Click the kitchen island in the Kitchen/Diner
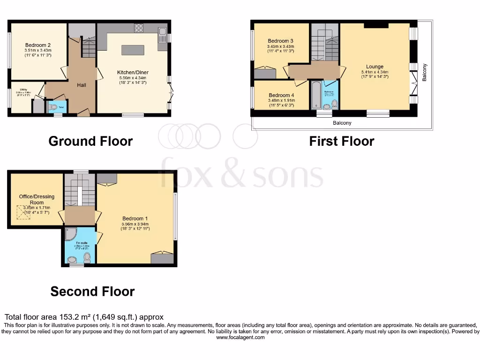coord(133,50)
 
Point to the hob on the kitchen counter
coord(139,28)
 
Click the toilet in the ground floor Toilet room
coord(53,107)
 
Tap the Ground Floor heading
coord(90,141)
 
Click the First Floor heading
coord(342,141)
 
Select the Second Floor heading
coord(92,292)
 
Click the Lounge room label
coord(375,67)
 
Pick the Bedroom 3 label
coord(280,41)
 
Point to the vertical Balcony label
coord(425,73)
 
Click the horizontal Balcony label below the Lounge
coord(342,123)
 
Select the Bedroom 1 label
coord(135,218)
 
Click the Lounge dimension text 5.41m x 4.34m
coord(375,72)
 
